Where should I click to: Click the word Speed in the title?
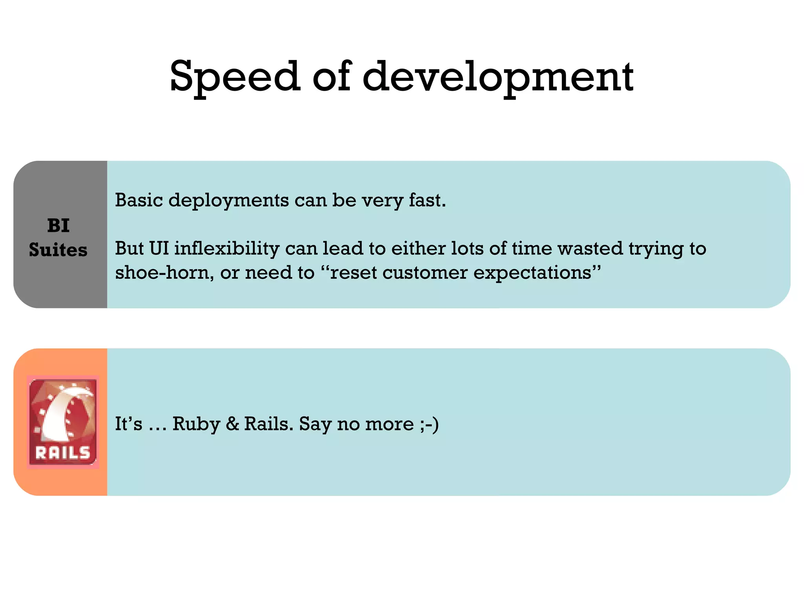[x=235, y=77]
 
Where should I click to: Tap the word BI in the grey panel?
[x=58, y=226]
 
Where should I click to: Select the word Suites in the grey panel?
[x=58, y=250]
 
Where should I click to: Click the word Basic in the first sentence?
[x=139, y=200]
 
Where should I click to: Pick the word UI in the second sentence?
[x=159, y=249]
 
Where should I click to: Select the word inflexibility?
[x=227, y=249]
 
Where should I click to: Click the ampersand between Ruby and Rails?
[x=232, y=424]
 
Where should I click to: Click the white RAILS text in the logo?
[x=63, y=453]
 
